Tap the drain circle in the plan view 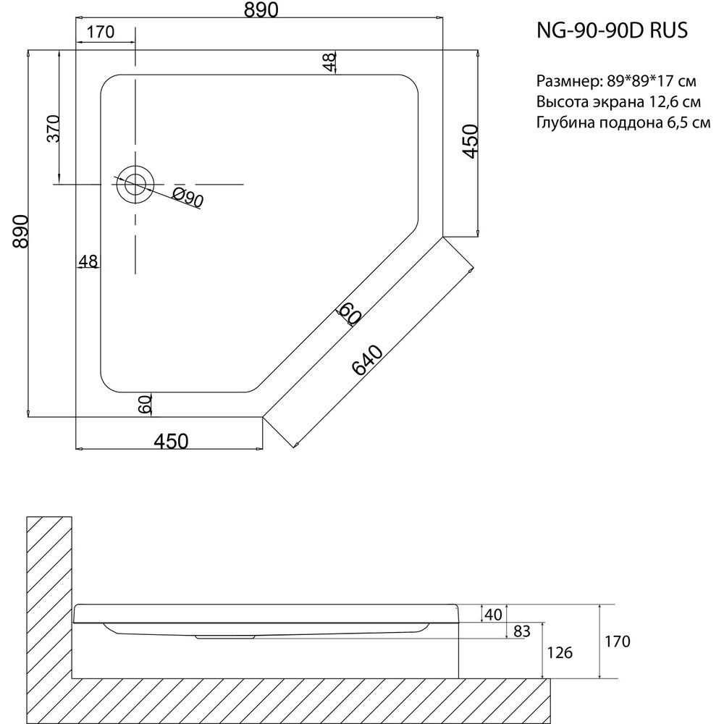coord(134,184)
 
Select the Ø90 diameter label coord(188,196)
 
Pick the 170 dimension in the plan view coord(101,32)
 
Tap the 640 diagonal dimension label coord(367,360)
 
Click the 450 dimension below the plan coord(170,440)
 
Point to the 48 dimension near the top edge coord(330,62)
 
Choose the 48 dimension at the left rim coord(88,261)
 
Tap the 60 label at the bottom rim coord(144,404)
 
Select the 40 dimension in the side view coord(493,615)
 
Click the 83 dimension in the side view coord(521,631)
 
